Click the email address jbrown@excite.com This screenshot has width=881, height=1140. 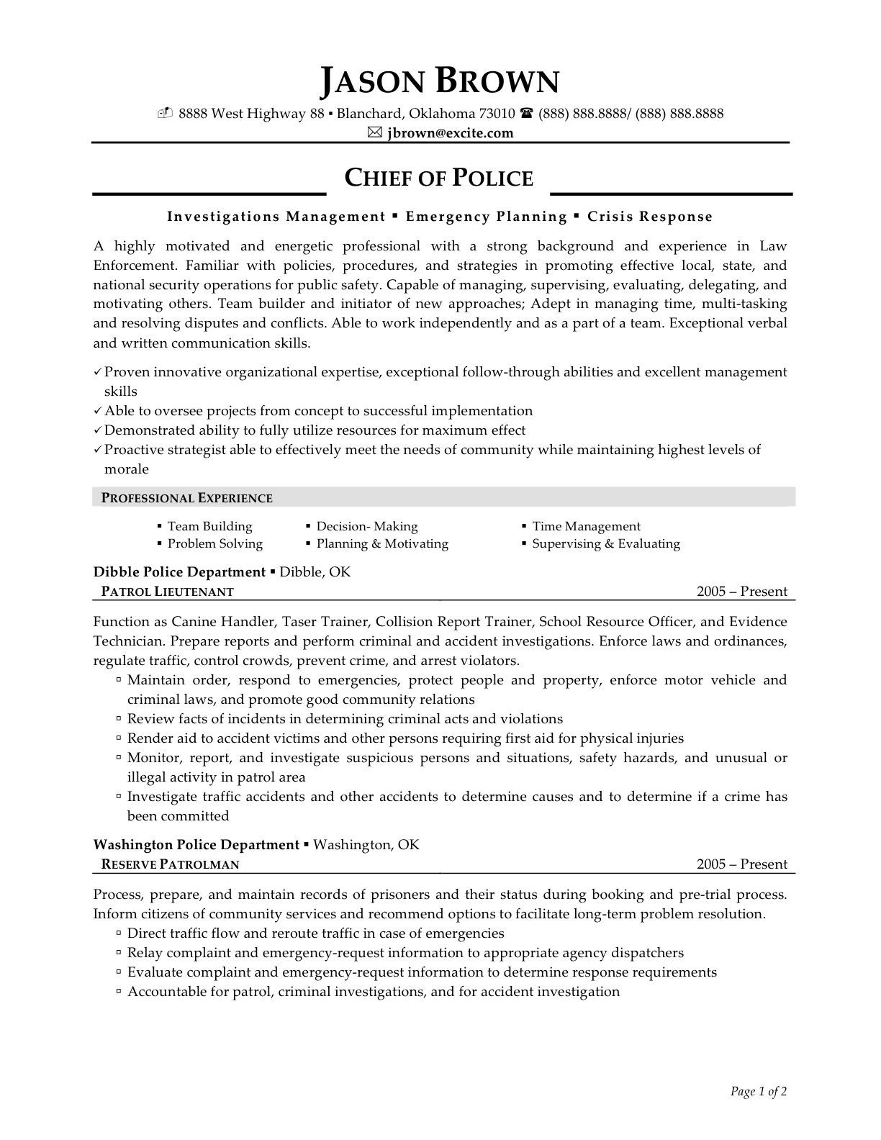pyautogui.click(x=450, y=132)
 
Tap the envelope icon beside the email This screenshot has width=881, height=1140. pyautogui.click(x=374, y=132)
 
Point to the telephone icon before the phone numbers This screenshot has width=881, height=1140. pyautogui.click(x=526, y=113)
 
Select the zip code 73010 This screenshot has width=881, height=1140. pyautogui.click(x=497, y=113)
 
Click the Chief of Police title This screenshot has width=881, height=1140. pyautogui.click(x=439, y=178)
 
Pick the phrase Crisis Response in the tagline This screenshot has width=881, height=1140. pyautogui.click(x=650, y=217)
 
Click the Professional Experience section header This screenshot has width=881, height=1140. pyautogui.click(x=186, y=498)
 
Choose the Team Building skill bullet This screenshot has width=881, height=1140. pyautogui.click(x=209, y=526)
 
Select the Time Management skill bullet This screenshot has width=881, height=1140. pyautogui.click(x=586, y=526)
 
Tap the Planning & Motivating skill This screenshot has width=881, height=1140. pyautogui.click(x=382, y=543)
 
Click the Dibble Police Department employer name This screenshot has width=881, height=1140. pyautogui.click(x=179, y=572)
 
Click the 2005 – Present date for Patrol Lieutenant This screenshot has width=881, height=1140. pyautogui.click(x=742, y=592)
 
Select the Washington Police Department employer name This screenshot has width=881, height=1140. pyautogui.click(x=196, y=844)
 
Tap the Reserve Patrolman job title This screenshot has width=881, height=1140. pyautogui.click(x=170, y=864)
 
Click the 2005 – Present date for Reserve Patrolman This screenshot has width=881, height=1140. pyautogui.click(x=742, y=864)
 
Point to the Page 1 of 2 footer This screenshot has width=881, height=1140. pyautogui.click(x=759, y=1092)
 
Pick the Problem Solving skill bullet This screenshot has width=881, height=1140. pyautogui.click(x=214, y=543)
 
